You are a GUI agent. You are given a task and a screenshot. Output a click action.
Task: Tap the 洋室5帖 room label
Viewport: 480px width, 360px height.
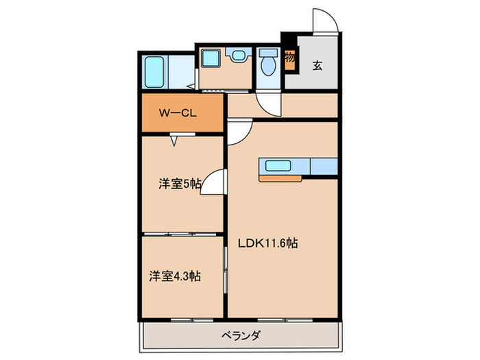tap(180, 183)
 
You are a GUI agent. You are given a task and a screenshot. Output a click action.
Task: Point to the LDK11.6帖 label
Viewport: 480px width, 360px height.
tap(267, 243)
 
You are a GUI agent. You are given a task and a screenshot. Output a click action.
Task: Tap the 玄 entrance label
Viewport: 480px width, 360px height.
tap(318, 66)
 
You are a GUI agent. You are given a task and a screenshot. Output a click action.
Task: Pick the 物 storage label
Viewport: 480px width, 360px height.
tap(290, 58)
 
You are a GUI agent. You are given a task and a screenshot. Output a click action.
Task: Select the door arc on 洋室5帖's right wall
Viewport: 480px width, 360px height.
tap(214, 182)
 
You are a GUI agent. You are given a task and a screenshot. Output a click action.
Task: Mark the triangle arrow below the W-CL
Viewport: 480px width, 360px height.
tap(175, 141)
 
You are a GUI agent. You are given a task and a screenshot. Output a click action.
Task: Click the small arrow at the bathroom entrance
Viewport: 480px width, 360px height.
tap(191, 86)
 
